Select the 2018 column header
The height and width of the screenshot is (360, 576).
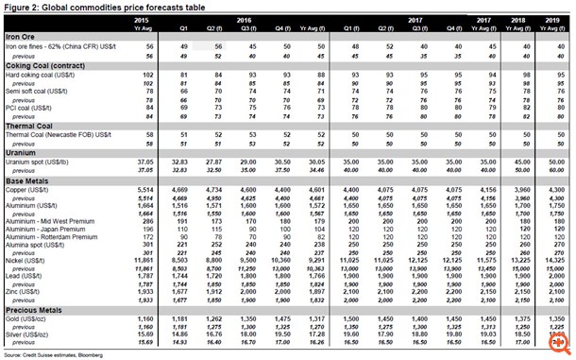coord(518,18)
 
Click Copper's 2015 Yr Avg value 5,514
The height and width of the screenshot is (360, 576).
coord(143,190)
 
